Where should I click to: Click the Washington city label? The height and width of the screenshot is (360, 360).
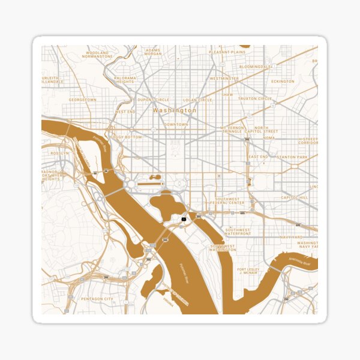[x=174, y=110]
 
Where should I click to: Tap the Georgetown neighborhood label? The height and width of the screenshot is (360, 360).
[x=82, y=100]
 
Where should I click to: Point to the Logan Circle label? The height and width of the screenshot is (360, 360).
[x=198, y=100]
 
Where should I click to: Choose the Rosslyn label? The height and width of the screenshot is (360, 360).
[x=60, y=153]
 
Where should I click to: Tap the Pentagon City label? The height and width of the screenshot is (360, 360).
[x=97, y=298]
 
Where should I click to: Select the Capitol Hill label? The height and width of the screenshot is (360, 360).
[x=295, y=197]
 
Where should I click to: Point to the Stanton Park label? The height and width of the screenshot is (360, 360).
[x=294, y=157]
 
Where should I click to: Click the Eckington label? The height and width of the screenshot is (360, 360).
[x=283, y=81]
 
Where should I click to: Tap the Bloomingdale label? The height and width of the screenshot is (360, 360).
[x=255, y=67]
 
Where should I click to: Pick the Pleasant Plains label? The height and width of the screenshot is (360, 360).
[x=227, y=52]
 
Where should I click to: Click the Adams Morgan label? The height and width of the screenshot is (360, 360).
[x=154, y=52]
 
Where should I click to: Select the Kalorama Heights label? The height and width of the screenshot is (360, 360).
[x=125, y=80]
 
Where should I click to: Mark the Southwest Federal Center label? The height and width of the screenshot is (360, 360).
[x=227, y=200]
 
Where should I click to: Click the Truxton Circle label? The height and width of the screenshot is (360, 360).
[x=255, y=98]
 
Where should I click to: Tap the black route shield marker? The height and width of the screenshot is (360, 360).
[x=184, y=220]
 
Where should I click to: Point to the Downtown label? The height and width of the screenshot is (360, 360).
[x=176, y=124]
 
